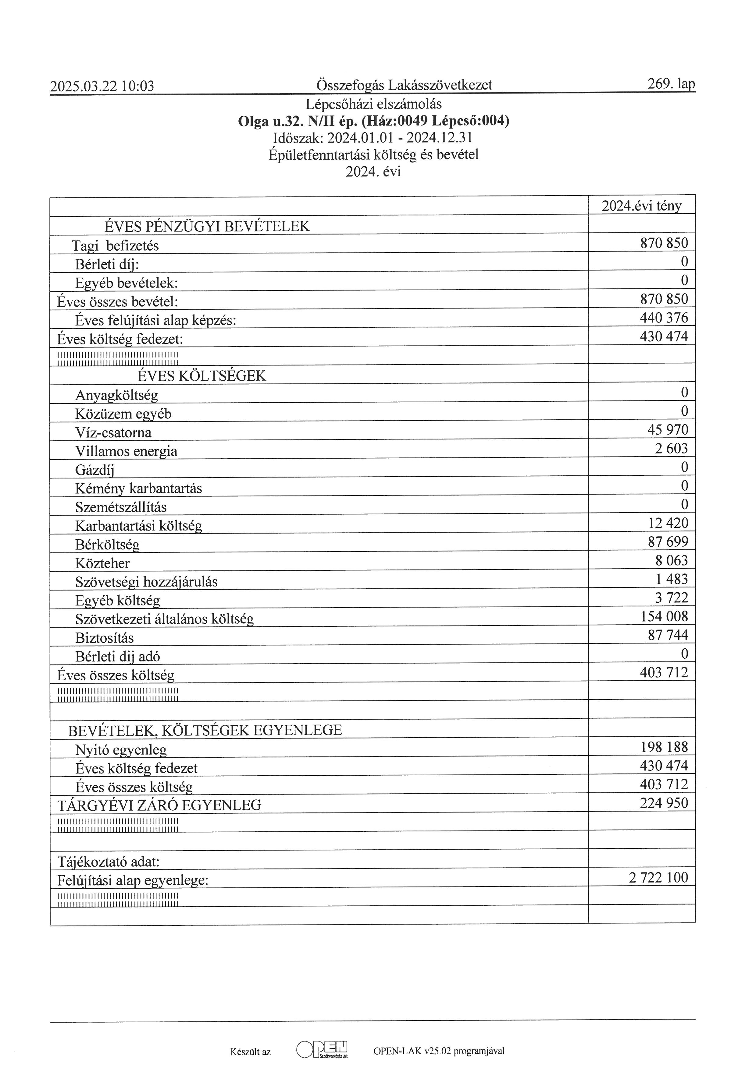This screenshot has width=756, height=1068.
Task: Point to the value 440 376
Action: (x=664, y=318)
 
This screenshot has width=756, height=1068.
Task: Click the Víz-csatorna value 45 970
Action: (x=668, y=430)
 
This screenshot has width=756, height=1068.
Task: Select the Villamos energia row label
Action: (x=126, y=451)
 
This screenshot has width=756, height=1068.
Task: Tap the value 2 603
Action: (x=671, y=448)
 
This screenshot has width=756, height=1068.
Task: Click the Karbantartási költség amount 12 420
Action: (x=668, y=523)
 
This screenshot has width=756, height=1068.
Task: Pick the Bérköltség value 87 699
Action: (x=668, y=542)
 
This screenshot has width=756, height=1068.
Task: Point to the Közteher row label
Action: (x=102, y=563)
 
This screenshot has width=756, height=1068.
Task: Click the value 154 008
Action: (x=664, y=617)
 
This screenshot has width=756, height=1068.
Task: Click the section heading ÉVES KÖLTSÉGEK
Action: (x=201, y=376)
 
